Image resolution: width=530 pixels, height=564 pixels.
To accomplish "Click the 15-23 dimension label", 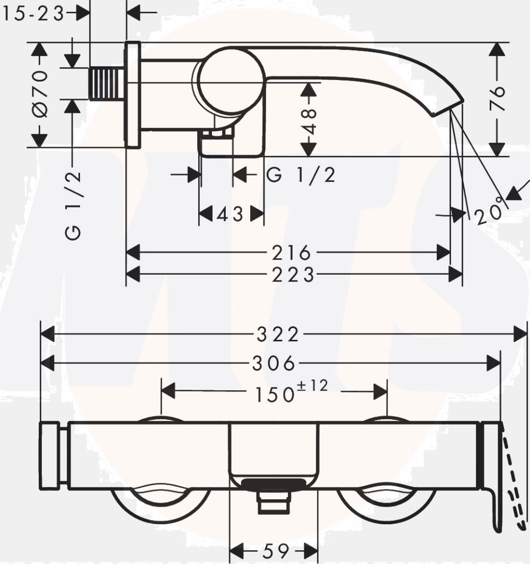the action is [33, 14].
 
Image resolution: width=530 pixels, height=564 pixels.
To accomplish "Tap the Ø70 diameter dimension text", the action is [40, 94].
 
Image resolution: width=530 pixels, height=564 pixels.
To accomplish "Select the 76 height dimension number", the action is [498, 98].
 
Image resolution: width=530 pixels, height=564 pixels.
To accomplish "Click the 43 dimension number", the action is [231, 215].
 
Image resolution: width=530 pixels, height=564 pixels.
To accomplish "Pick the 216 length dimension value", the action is [291, 252].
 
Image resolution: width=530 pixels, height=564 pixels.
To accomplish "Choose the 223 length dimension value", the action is [293, 275].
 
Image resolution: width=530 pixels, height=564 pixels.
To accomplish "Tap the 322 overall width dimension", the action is [278, 334].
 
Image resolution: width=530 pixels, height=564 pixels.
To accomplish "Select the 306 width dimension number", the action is [274, 363].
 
